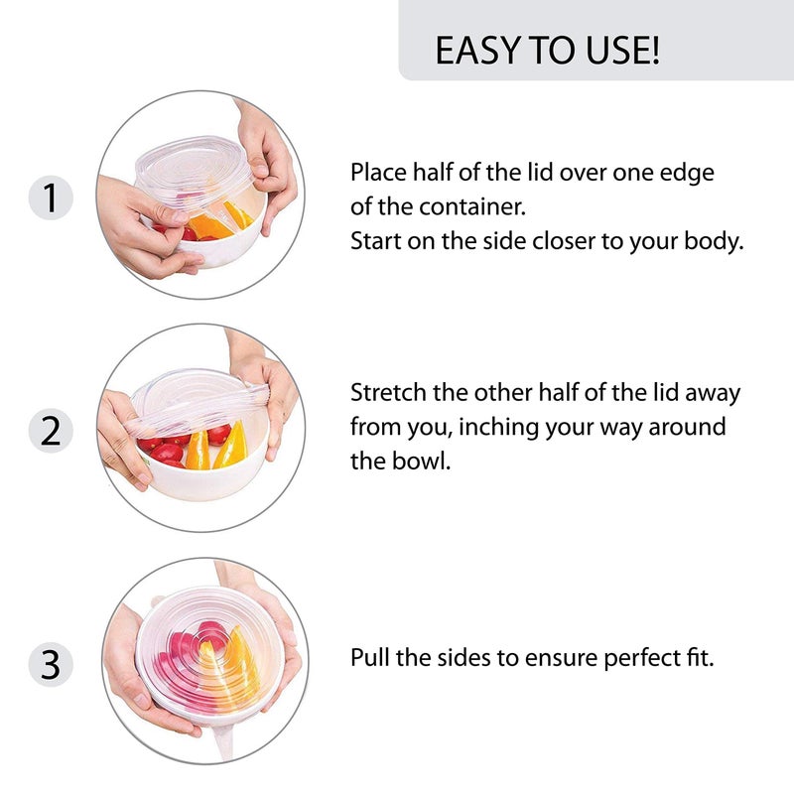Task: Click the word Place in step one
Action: coord(377,172)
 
